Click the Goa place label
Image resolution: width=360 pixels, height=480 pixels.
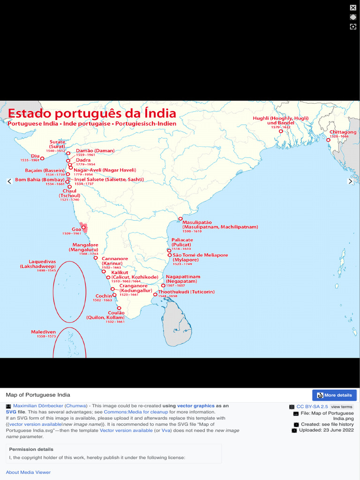(x=76, y=230)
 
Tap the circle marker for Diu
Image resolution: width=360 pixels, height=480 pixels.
(x=42, y=158)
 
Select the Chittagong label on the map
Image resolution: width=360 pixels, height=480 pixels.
(x=343, y=132)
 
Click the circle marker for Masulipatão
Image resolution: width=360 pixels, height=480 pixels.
(x=180, y=218)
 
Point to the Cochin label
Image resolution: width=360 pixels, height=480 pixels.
(x=104, y=296)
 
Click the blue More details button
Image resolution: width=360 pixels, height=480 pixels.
(x=334, y=395)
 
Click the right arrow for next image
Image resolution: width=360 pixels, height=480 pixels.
(x=350, y=181)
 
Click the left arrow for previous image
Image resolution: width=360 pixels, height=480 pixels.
(x=9, y=181)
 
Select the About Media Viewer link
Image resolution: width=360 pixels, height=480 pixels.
(x=28, y=472)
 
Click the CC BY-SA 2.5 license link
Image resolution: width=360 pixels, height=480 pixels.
(x=312, y=407)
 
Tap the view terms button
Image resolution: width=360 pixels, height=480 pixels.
(x=342, y=407)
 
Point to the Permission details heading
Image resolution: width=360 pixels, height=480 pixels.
(x=29, y=449)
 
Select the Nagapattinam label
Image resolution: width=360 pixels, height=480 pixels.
(x=183, y=277)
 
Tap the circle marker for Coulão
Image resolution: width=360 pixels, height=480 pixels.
(x=119, y=308)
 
